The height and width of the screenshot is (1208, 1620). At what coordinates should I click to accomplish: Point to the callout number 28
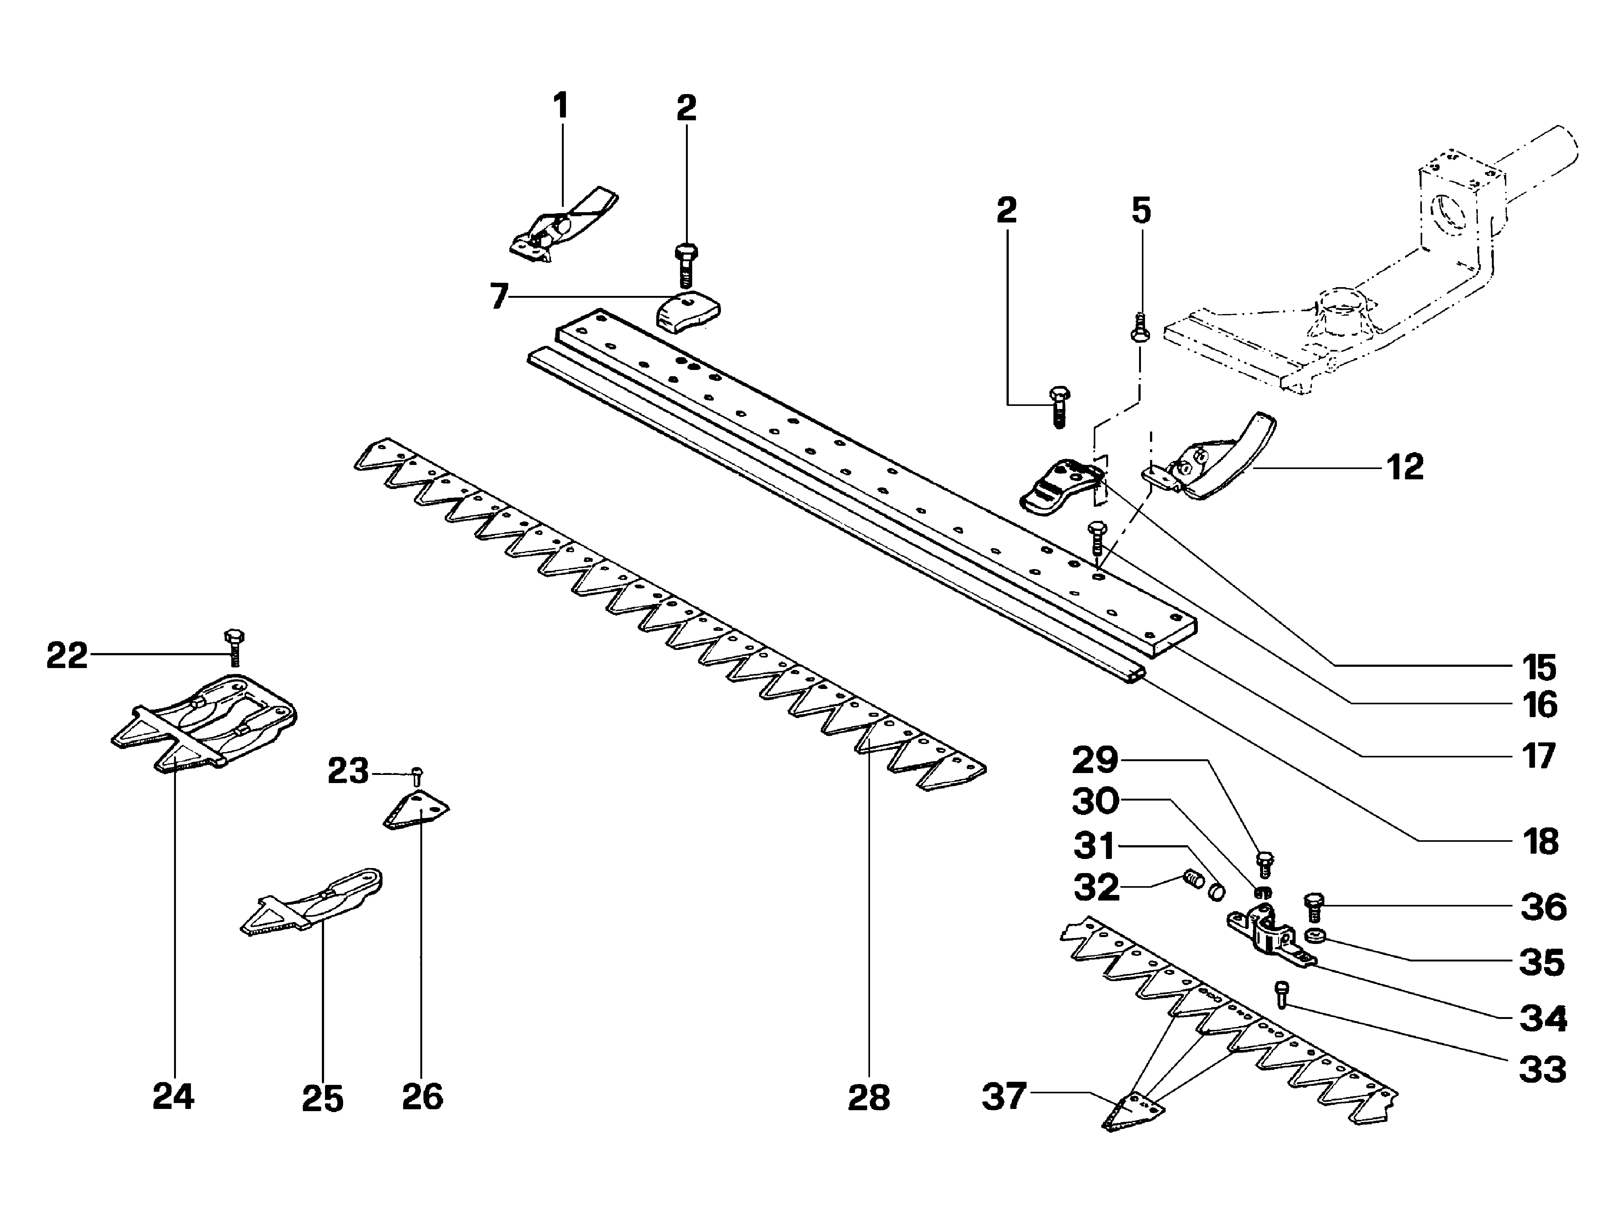869,1098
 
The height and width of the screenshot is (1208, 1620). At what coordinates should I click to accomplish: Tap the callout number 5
1141,211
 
